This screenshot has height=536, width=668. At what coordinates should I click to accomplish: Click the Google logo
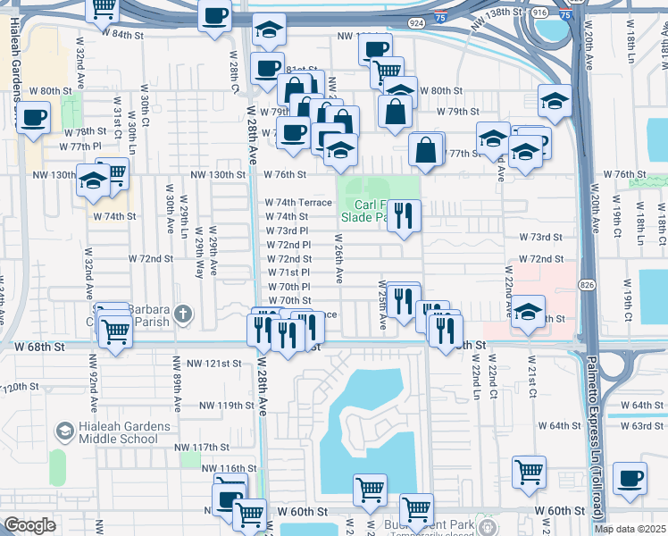pos(29,525)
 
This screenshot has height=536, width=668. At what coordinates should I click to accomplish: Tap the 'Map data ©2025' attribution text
pos(630,529)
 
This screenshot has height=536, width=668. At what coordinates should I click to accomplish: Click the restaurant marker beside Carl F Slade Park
pos(404,215)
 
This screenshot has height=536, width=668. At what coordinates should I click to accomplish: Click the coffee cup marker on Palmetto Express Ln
pos(631,479)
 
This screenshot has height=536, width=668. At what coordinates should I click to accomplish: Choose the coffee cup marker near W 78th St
pos(33,118)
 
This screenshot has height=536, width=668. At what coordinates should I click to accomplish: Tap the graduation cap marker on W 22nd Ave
pos(528,312)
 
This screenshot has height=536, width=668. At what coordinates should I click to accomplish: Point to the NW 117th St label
pos(201,447)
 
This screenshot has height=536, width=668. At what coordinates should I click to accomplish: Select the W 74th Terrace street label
pos(298,203)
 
